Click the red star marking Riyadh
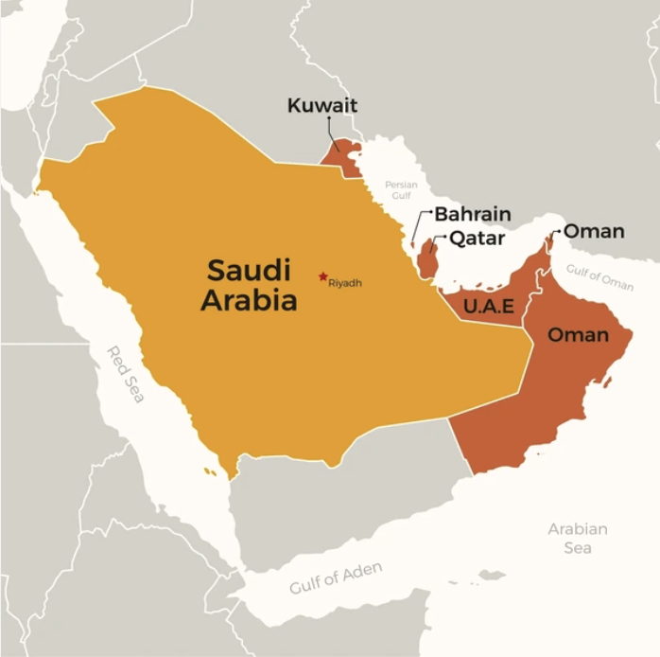pos(323,276)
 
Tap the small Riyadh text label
pos(345,283)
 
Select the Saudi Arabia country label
pos(252,285)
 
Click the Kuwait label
pos(322,105)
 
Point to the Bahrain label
pos(472,214)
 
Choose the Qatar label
pos(477,239)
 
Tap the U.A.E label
pos(489,305)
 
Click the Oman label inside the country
pos(578,335)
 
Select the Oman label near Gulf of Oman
pos(594,231)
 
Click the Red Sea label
pos(126,375)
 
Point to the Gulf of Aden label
pos(336,578)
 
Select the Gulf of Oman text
pos(599,277)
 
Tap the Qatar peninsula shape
pos(427,257)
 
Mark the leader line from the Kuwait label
pos(330,131)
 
